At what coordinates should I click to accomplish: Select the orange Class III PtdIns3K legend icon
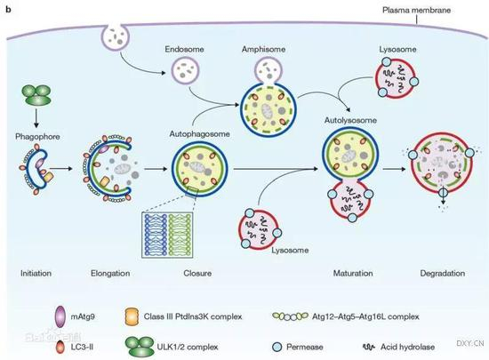coord(158,312)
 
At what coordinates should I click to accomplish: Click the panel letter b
coord(6,6)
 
